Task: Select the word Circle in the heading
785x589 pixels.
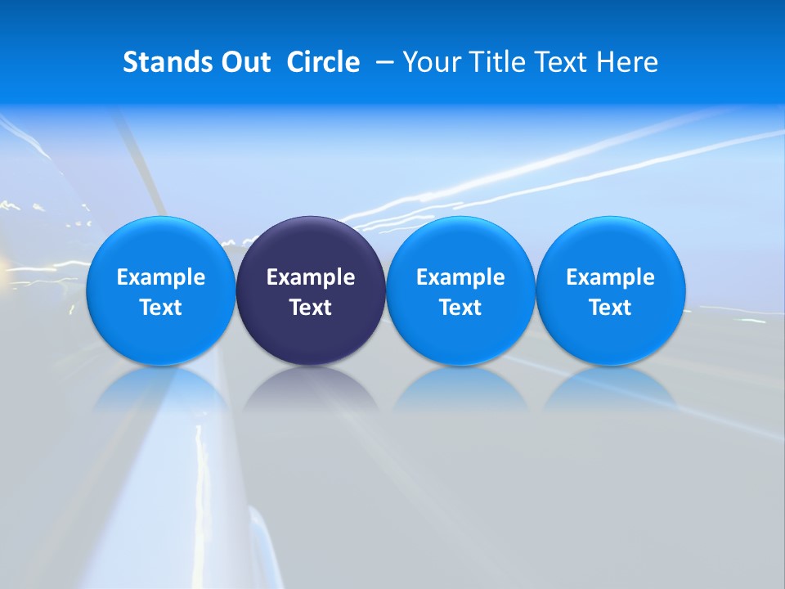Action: coord(323,62)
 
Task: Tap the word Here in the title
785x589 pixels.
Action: coord(626,62)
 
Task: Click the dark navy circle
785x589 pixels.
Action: coord(311,245)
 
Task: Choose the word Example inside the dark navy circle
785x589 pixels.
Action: coord(311,277)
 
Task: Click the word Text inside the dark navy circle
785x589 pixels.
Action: coord(311,308)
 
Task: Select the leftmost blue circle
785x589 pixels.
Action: coord(160,245)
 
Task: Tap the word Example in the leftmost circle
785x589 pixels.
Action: coord(160,277)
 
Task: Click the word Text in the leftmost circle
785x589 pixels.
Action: coord(160,308)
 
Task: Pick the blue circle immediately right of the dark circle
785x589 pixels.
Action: coord(460,245)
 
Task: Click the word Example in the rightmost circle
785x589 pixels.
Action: coord(610,277)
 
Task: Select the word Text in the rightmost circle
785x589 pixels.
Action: coord(610,308)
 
